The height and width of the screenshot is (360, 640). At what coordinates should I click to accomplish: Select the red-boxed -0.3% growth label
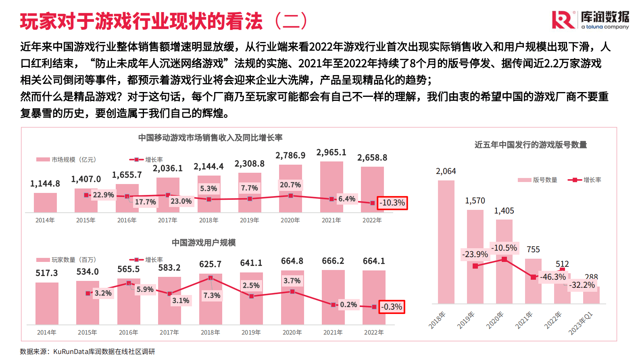click(392, 307)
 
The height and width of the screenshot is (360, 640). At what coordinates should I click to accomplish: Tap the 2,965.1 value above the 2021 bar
click(331, 153)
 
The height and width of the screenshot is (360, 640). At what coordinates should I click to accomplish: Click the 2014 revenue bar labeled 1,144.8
click(45, 202)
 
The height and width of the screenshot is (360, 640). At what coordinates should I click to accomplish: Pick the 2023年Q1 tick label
click(581, 323)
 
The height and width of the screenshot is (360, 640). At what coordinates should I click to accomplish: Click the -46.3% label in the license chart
click(553, 277)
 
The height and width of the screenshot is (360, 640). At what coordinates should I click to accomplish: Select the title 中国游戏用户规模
click(204, 243)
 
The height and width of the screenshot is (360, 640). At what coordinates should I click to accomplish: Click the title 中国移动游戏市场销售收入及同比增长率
click(210, 138)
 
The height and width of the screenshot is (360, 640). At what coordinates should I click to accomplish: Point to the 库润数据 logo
click(590, 19)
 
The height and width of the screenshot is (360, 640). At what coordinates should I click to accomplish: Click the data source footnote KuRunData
click(88, 352)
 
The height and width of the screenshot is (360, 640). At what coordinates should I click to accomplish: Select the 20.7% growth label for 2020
click(290, 185)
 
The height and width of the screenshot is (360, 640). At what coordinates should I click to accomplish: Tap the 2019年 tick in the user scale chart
click(251, 333)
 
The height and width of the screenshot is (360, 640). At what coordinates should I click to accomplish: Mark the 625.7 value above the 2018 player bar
click(210, 264)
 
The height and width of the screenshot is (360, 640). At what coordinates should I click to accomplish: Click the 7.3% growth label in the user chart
click(212, 295)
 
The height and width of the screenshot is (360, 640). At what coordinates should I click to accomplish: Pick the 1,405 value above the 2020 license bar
click(504, 211)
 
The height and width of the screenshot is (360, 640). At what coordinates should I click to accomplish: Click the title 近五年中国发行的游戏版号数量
click(530, 145)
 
